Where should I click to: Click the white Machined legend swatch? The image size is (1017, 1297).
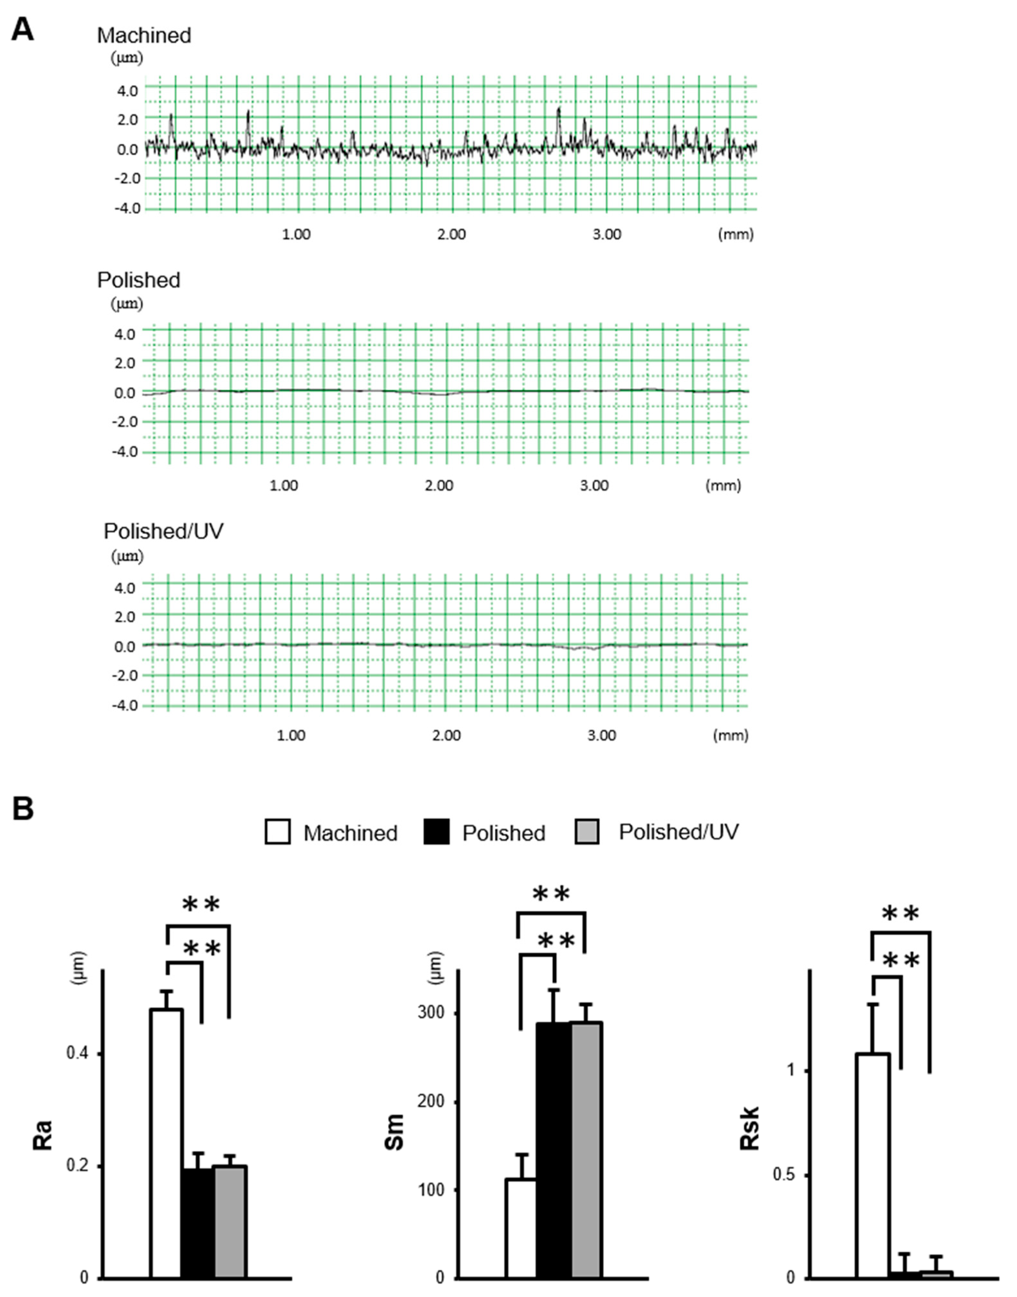pos(278,832)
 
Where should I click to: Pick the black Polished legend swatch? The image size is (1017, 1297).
pos(436,832)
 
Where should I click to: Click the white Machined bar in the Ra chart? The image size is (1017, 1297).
pos(166,1143)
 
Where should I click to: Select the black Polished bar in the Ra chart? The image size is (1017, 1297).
pos(198,1221)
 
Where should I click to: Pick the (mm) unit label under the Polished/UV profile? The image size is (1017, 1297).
pos(731,735)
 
